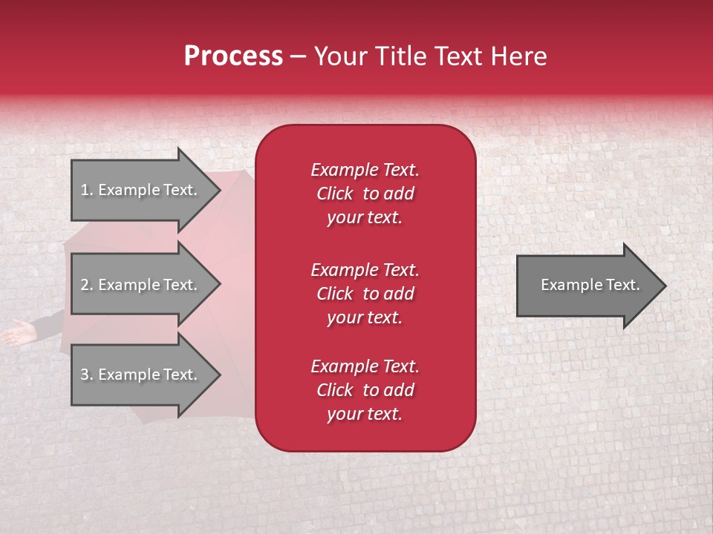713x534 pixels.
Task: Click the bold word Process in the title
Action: tap(233, 56)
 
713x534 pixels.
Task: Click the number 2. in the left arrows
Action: tap(87, 285)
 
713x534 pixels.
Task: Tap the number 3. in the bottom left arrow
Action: tap(87, 375)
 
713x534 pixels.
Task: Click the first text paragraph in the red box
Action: tap(365, 194)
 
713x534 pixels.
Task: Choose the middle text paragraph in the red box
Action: tap(365, 294)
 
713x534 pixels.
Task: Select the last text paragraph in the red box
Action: tap(365, 390)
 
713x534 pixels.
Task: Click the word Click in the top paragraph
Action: tap(335, 194)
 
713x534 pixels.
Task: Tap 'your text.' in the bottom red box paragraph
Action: tap(365, 415)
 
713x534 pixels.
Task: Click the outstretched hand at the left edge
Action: tap(16, 334)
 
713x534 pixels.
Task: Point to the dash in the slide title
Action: tap(299, 57)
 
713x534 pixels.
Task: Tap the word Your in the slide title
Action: tap(339, 56)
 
